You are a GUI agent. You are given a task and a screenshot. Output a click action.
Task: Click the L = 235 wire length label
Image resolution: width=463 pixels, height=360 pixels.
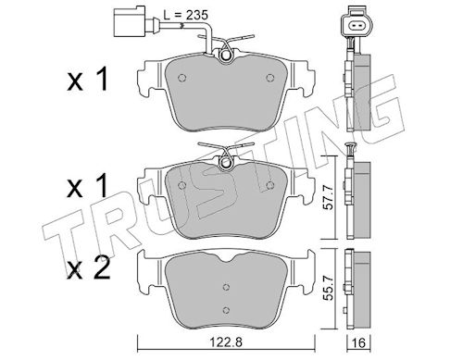click(185, 15)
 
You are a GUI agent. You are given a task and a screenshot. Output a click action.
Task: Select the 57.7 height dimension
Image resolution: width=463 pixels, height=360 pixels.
click(329, 197)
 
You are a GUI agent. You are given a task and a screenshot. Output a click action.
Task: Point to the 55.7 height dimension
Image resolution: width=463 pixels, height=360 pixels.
click(329, 288)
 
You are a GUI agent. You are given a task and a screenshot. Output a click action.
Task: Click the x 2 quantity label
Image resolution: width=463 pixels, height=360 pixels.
click(89, 268)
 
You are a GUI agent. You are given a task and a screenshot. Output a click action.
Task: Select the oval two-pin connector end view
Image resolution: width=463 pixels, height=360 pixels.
click(357, 26)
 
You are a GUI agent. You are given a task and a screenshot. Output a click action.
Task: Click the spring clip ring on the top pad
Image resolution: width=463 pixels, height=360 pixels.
click(226, 55)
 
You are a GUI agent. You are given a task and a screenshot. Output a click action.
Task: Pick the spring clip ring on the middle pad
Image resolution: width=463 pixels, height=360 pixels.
click(226, 162)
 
